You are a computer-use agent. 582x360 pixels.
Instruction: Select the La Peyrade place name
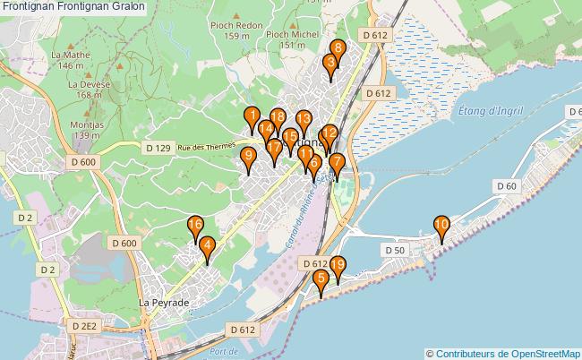pyautogui.click(x=164, y=303)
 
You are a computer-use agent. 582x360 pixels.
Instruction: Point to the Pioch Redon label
pyautogui.click(x=237, y=25)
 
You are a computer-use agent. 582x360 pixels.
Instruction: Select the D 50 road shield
pyautogui.click(x=395, y=250)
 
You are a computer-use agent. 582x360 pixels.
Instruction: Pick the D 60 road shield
pyautogui.click(x=505, y=185)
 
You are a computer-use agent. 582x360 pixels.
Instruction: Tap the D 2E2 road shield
pyautogui.click(x=85, y=325)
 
